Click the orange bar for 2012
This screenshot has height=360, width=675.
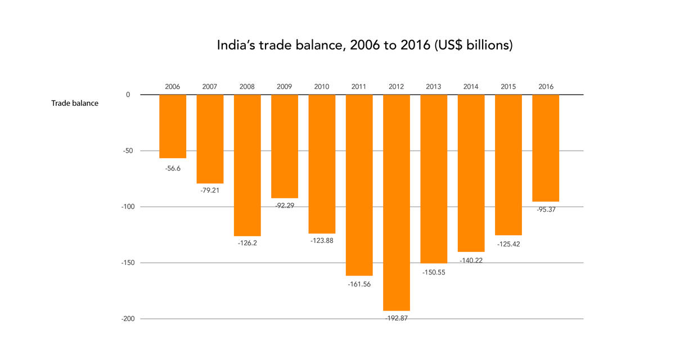(x=396, y=202)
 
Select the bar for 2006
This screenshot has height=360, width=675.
(x=173, y=126)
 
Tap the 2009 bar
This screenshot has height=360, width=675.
(x=285, y=146)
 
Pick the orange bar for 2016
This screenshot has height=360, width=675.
(x=546, y=148)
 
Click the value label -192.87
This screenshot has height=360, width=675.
(x=396, y=318)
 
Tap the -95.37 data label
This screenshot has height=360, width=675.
(x=546, y=209)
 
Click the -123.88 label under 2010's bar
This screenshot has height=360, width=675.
(x=322, y=241)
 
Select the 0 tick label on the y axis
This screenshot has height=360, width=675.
(x=128, y=94)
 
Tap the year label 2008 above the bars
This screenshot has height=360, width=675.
(x=247, y=87)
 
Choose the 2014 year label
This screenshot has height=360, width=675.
(x=471, y=87)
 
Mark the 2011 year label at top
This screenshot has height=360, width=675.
(x=359, y=87)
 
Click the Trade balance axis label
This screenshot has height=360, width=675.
(x=75, y=103)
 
